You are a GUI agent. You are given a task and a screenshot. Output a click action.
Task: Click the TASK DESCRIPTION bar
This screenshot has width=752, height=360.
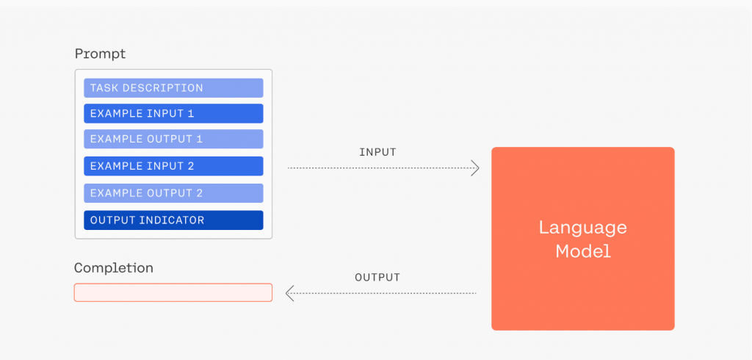click(173, 88)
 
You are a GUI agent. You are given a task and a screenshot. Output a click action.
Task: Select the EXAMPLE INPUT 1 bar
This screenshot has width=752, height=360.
click(173, 113)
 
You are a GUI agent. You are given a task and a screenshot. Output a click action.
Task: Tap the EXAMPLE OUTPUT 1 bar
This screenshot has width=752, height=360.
click(173, 139)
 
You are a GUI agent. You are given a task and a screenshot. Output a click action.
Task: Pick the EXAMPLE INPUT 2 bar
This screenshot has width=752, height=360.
click(173, 166)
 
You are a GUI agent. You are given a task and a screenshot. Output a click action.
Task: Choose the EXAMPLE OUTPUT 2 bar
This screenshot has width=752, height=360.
click(173, 193)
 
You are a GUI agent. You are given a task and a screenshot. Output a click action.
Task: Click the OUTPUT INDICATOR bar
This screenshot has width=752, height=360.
click(173, 220)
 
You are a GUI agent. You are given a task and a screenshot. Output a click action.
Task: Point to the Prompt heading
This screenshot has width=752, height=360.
click(100, 54)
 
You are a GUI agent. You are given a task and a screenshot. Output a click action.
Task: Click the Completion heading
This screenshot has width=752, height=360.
click(114, 268)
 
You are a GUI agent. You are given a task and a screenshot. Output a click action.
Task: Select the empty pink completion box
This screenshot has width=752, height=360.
click(173, 292)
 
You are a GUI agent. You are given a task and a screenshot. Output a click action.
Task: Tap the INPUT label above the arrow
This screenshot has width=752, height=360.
click(378, 152)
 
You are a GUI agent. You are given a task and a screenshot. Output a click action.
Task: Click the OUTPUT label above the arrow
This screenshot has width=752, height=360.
click(377, 278)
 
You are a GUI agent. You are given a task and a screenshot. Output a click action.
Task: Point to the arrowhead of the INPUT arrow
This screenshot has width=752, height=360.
click(475, 168)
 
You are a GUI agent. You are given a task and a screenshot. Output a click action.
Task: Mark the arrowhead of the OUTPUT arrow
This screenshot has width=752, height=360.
click(289, 293)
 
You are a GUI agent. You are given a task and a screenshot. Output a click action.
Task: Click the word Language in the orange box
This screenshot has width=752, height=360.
click(582, 228)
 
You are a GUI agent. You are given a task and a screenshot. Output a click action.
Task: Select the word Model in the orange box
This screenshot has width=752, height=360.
click(583, 251)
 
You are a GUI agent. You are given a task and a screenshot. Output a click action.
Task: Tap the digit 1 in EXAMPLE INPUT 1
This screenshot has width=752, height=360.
click(191, 114)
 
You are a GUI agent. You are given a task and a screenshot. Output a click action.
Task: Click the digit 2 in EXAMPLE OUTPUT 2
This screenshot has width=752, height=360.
click(199, 193)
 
